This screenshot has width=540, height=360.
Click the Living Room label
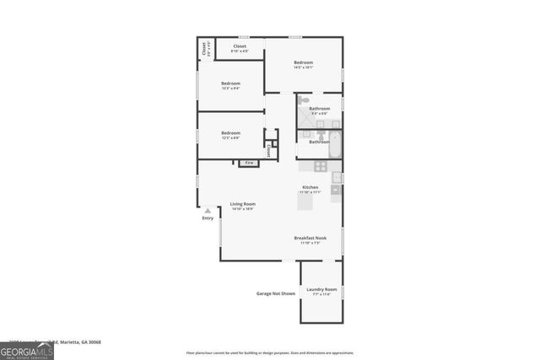[243, 204]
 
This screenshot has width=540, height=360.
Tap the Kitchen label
[310, 187]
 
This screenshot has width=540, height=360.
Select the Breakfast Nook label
[310, 239]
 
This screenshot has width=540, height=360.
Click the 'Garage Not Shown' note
[276, 294]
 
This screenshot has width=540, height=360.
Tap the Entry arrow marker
[208, 211]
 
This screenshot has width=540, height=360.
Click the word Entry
[208, 219]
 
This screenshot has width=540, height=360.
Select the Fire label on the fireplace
[249, 163]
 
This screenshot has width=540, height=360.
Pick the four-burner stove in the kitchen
[337, 177]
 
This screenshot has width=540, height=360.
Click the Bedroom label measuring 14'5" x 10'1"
[304, 63]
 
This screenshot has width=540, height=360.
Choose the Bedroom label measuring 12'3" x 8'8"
[231, 133]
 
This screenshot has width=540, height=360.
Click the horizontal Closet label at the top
[240, 47]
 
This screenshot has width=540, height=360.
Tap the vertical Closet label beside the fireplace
[268, 150]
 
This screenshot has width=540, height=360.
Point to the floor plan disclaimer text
[270, 352]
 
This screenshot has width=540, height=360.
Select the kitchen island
[305, 201]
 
